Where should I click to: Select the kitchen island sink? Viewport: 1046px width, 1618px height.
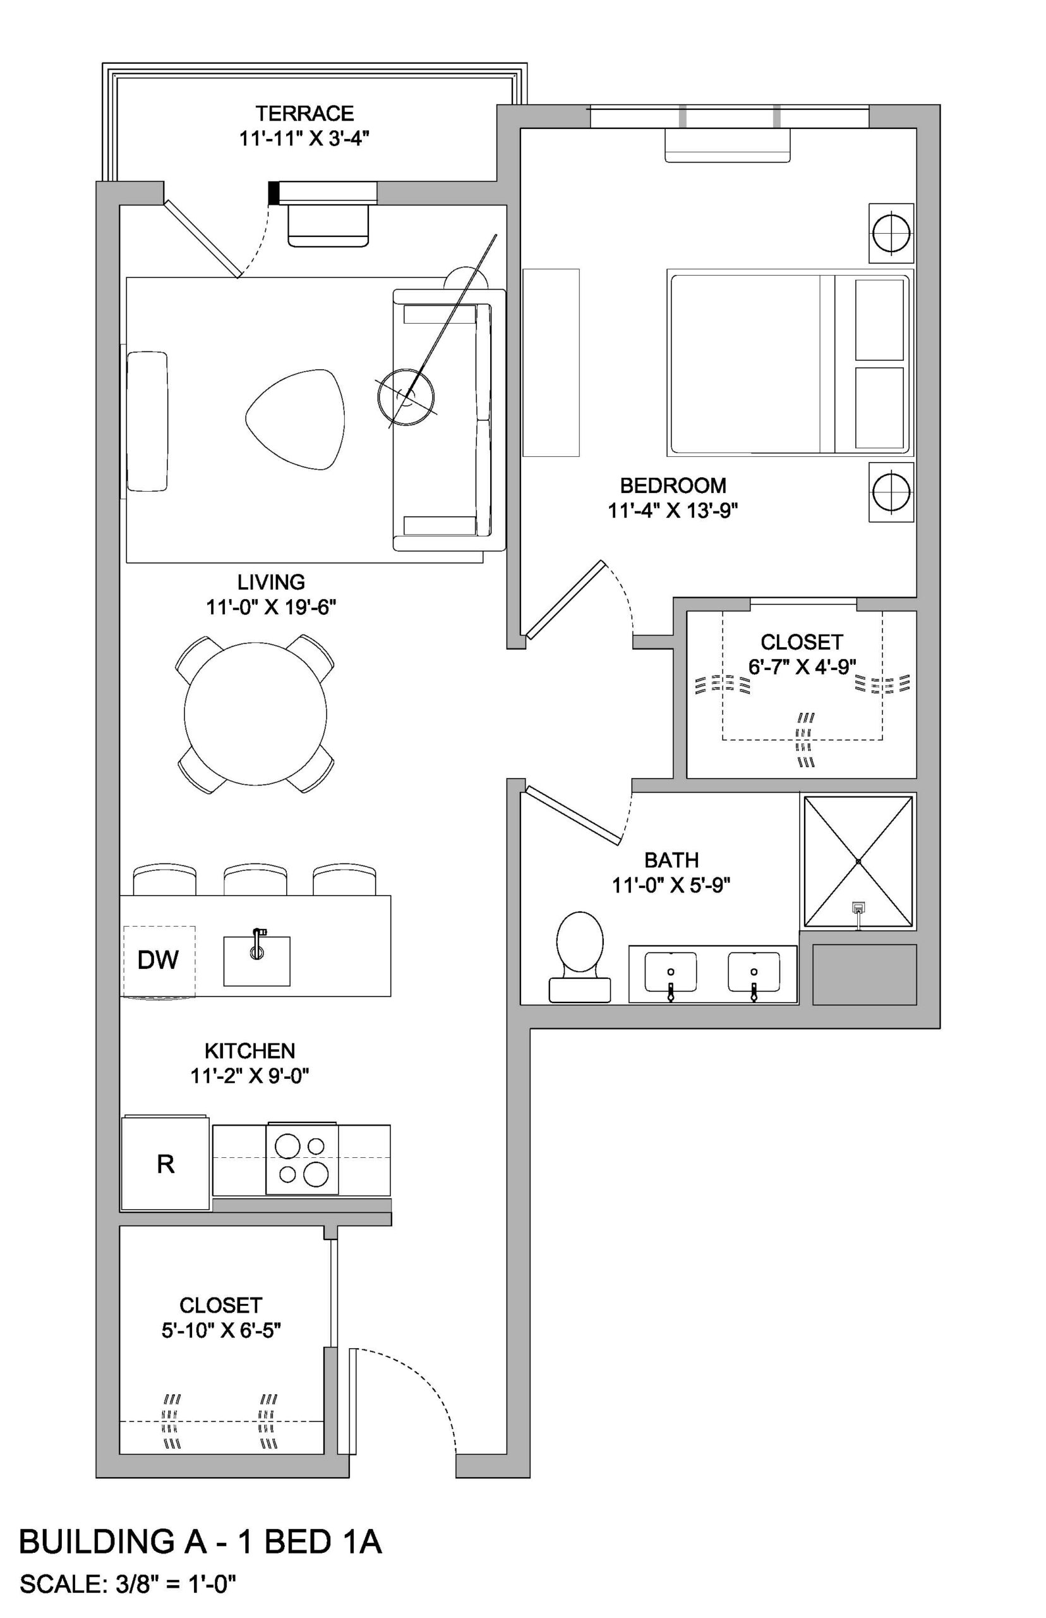256,961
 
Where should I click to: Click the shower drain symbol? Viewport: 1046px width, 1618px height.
858,907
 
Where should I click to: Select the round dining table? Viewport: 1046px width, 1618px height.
255,714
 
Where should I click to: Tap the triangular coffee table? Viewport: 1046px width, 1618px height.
295,418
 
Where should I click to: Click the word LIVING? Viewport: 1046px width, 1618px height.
271,581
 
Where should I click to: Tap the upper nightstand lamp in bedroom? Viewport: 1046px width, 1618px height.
891,233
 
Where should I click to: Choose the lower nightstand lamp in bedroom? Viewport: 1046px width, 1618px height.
891,493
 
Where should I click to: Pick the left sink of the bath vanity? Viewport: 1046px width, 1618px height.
670,973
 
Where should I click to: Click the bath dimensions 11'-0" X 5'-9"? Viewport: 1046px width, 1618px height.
671,885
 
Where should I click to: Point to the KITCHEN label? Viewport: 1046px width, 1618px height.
250,1050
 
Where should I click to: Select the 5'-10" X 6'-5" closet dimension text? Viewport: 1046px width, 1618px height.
220,1330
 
